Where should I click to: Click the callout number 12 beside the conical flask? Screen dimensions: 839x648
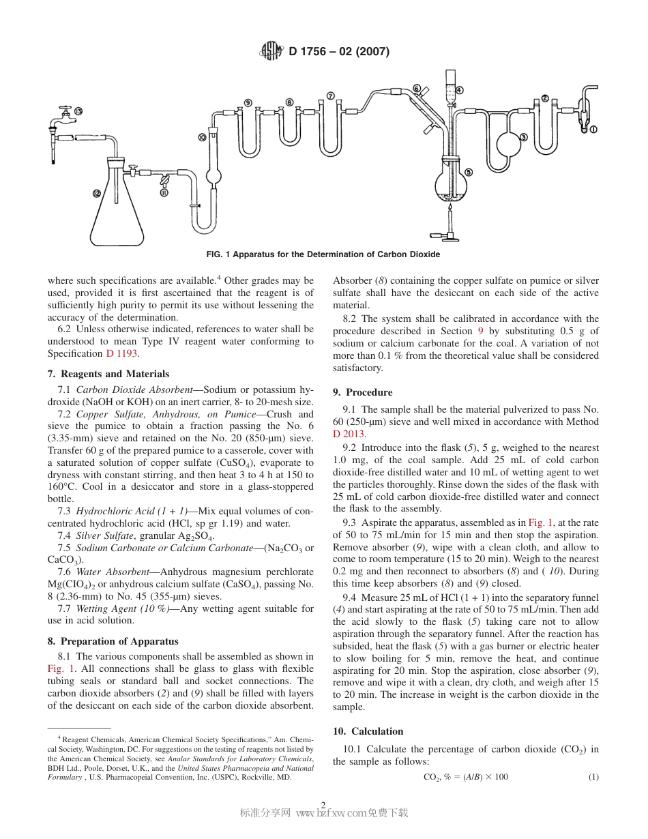[96, 193]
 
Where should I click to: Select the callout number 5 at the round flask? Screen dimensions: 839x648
[469, 172]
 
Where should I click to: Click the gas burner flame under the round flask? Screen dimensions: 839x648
[450, 205]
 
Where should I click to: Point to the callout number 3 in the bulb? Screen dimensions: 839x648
[523, 137]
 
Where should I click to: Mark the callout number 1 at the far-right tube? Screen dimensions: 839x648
[593, 128]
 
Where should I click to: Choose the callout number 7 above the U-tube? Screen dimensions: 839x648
[331, 96]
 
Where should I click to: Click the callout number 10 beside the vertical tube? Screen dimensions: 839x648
[202, 137]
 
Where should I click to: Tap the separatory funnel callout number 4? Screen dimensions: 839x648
[459, 89]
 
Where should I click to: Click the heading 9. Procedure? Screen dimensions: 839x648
[363, 392]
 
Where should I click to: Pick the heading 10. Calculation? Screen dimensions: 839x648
[368, 731]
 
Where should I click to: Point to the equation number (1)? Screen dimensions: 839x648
[593, 777]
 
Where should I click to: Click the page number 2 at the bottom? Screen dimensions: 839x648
[323, 804]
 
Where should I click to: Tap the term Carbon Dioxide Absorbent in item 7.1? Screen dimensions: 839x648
[134, 389]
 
